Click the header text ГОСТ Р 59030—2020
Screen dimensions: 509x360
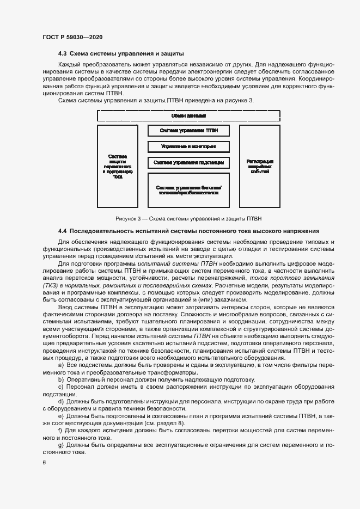(72, 37)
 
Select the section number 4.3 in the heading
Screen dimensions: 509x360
(63, 54)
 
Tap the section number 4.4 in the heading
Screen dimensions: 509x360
(63, 231)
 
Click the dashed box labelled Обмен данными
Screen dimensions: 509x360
(188, 116)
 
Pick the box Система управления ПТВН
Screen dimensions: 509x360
(188, 131)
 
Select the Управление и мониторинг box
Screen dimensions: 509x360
(188, 146)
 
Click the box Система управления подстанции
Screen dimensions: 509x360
(188, 162)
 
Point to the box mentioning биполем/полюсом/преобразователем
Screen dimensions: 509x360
(188, 190)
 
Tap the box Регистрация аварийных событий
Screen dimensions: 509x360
(260, 166)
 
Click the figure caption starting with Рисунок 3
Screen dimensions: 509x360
(188, 219)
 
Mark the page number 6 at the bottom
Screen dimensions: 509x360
(44, 463)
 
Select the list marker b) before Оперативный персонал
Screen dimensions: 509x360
(60, 379)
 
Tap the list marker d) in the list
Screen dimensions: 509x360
(60, 401)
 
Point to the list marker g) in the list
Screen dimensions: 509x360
(60, 445)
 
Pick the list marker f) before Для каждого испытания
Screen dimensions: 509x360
(60, 431)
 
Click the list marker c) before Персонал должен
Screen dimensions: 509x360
(60, 387)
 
